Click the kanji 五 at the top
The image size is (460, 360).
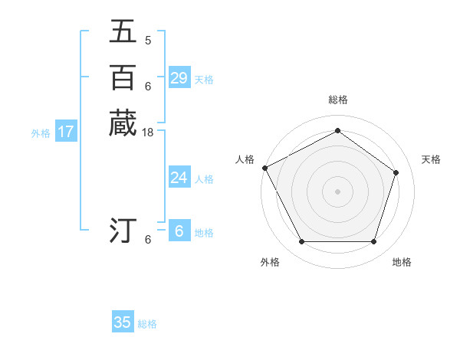[123, 31]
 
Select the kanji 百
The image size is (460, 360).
[123, 77]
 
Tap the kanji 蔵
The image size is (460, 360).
[123, 123]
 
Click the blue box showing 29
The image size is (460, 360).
[179, 78]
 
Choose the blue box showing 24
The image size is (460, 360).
[179, 178]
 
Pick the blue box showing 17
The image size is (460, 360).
[66, 132]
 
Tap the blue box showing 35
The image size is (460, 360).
[123, 322]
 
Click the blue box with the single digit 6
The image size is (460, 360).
[179, 231]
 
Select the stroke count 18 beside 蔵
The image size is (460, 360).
[148, 133]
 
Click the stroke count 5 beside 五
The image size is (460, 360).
[148, 41]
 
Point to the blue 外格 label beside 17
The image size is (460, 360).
[41, 133]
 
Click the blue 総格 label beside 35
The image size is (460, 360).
[147, 324]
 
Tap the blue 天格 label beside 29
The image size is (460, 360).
[204, 79]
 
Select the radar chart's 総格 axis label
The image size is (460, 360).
[337, 100]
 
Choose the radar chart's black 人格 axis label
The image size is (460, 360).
[245, 159]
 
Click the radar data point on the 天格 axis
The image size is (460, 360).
[396, 172]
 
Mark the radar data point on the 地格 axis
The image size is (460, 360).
[373, 242]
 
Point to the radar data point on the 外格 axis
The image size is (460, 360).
[301, 242]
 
